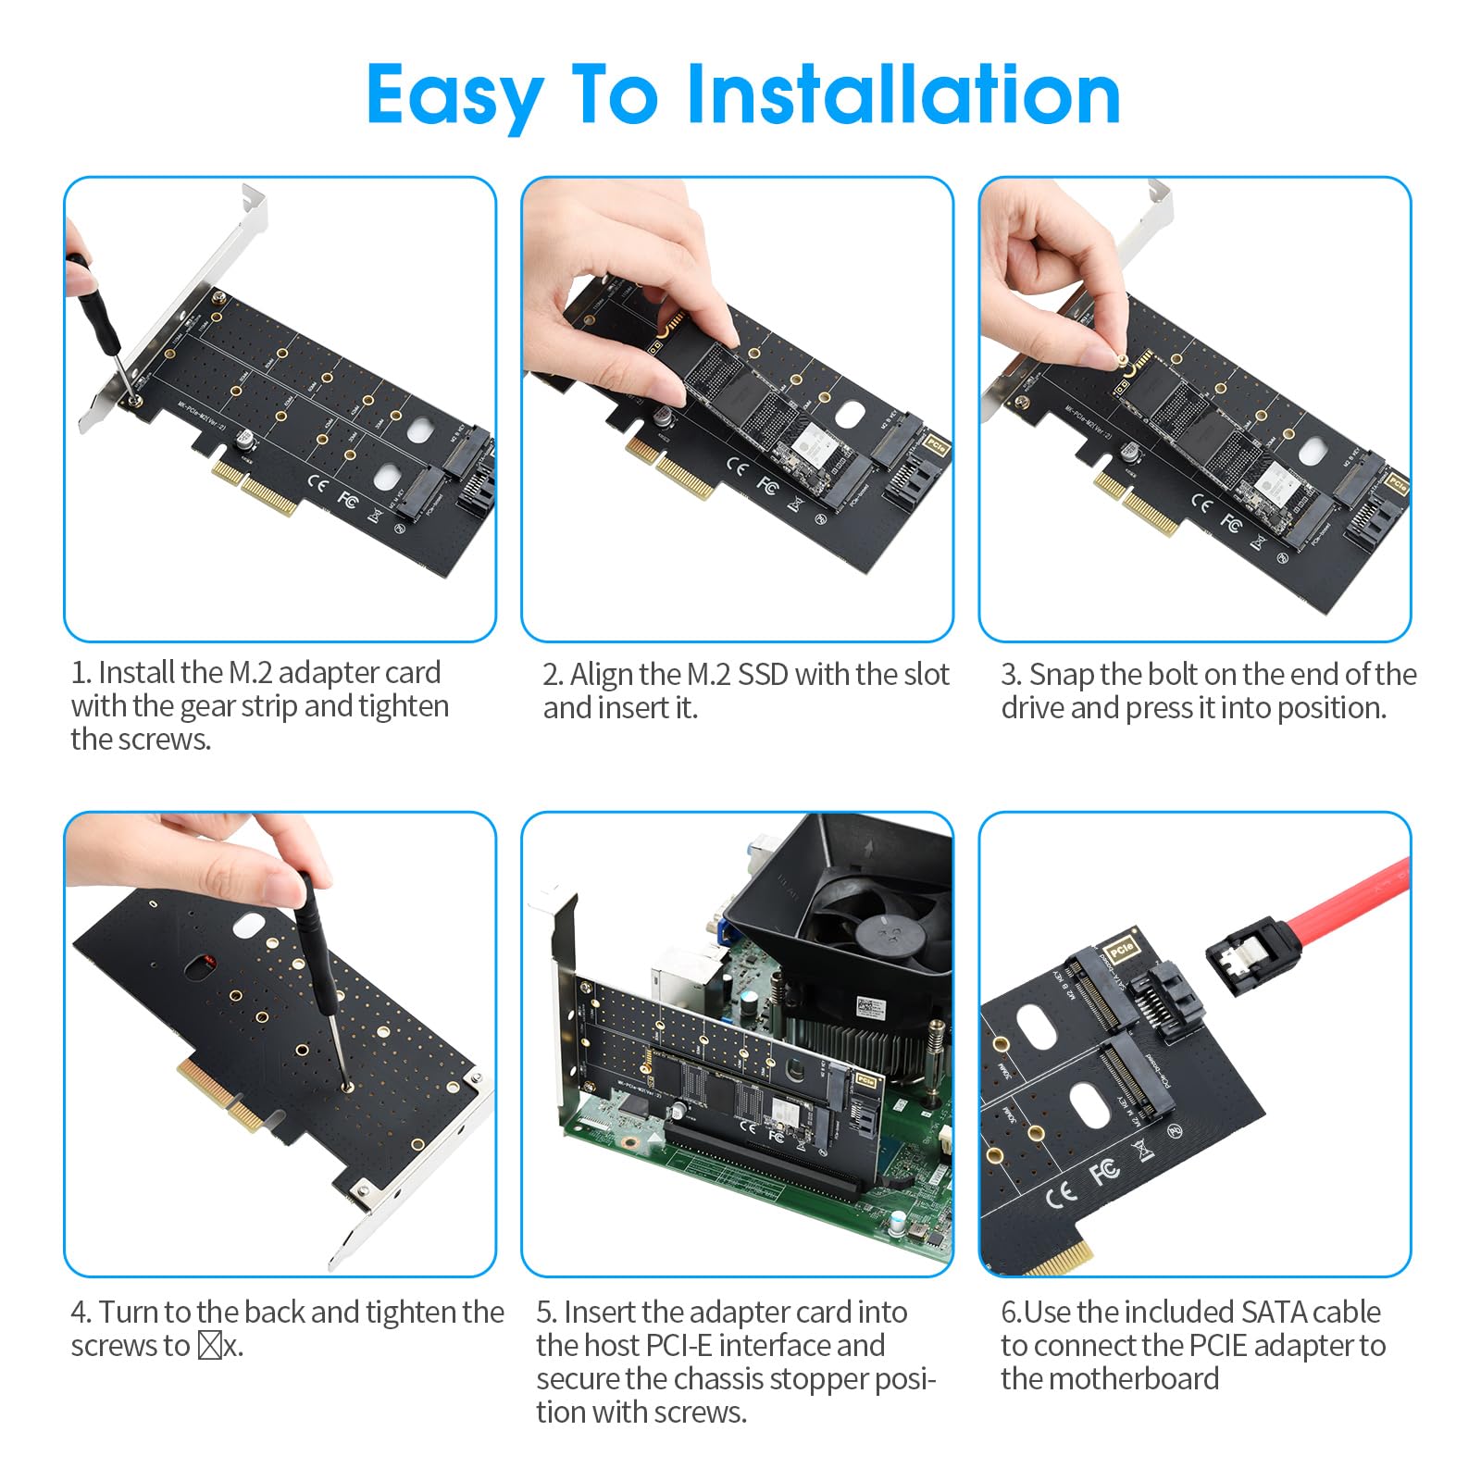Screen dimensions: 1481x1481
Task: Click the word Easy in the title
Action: pyautogui.click(x=454, y=97)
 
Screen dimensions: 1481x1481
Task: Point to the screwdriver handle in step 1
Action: pyautogui.click(x=93, y=301)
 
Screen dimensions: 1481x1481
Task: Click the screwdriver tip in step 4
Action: pyautogui.click(x=347, y=1086)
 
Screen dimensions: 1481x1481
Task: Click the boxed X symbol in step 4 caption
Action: pyautogui.click(x=210, y=1345)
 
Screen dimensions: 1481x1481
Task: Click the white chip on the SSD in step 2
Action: pyautogui.click(x=817, y=443)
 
